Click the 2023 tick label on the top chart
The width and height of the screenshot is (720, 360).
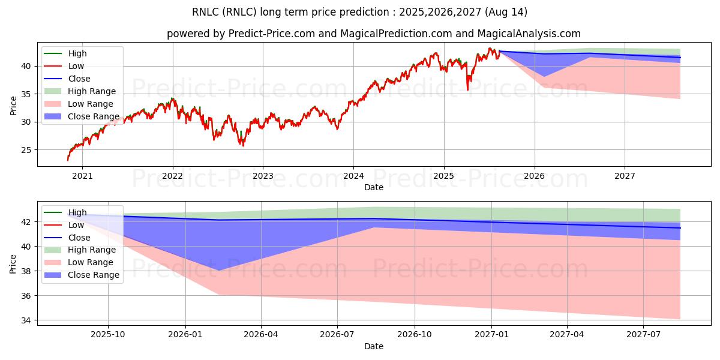[x=263, y=176]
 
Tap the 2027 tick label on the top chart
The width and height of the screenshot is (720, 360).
[x=625, y=176]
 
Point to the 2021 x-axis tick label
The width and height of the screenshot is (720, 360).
[x=82, y=176]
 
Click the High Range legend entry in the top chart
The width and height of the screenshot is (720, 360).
[x=92, y=91]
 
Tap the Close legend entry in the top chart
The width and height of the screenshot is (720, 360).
[x=79, y=79]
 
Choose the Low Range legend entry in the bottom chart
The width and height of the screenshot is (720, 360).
[x=91, y=262]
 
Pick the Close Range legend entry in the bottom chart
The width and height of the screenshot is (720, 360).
[x=94, y=275]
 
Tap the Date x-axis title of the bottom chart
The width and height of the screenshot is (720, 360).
[x=373, y=346]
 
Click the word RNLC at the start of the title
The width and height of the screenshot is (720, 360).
[x=205, y=12]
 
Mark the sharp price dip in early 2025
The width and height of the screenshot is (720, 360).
[x=467, y=89]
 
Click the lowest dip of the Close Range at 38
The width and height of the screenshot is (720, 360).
[x=220, y=270]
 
